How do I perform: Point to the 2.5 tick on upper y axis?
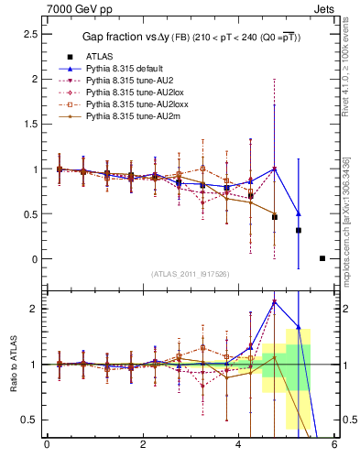(32, 34)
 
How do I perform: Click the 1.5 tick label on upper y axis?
(32, 124)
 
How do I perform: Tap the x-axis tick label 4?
(238, 445)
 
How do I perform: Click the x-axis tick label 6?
(334, 445)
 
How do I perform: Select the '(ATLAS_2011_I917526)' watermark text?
(190, 274)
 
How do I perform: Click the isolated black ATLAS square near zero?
(322, 258)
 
